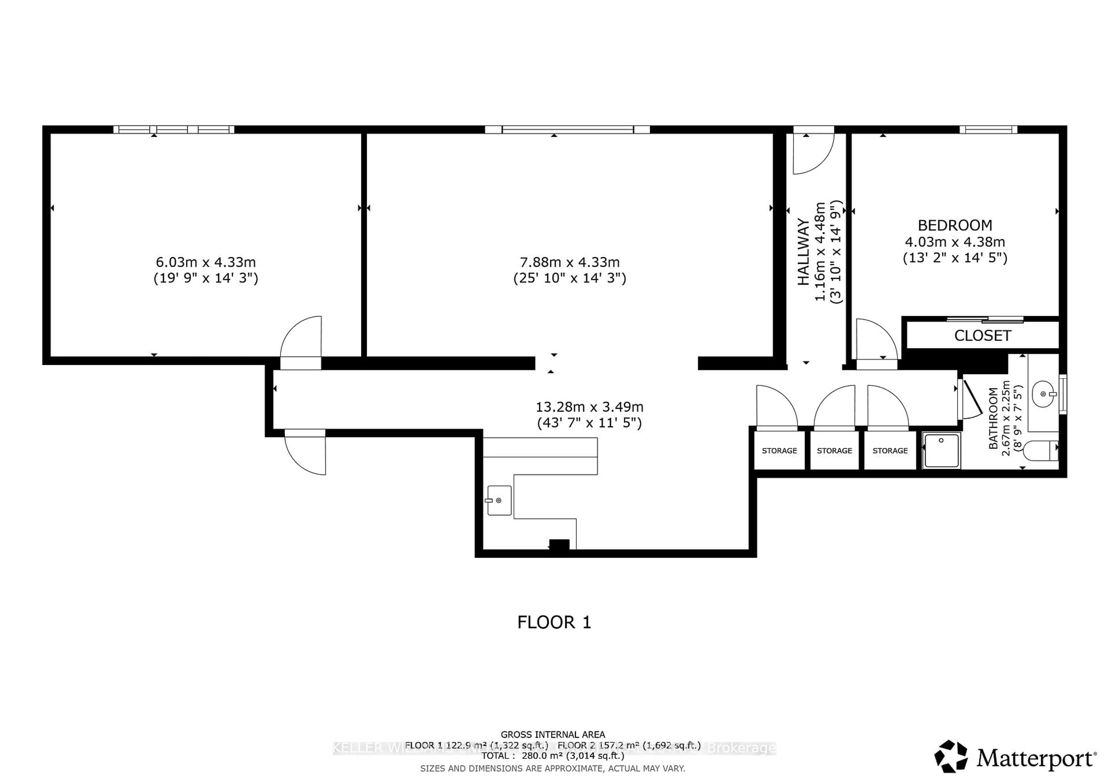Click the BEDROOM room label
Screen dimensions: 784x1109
click(954, 225)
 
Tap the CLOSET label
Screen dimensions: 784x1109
click(983, 335)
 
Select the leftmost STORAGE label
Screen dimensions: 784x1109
click(779, 450)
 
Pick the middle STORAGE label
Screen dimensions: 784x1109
click(834, 450)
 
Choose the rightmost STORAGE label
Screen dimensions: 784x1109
click(890, 450)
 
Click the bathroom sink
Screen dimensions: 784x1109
click(1044, 394)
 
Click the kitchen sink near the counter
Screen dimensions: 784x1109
click(499, 501)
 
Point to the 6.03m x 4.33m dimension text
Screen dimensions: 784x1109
click(205, 262)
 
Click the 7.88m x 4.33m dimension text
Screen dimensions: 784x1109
click(570, 262)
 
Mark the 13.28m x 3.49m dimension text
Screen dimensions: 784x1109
click(589, 407)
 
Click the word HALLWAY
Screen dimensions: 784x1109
click(803, 252)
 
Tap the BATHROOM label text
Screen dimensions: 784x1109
click(993, 418)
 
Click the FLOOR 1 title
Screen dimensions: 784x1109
click(554, 622)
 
